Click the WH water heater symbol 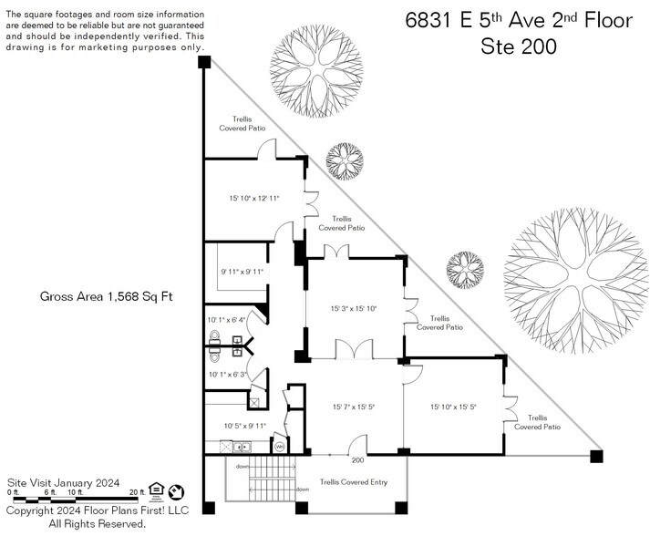pyautogui.click(x=280, y=447)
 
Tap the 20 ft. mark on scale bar pyautogui.click(x=138, y=492)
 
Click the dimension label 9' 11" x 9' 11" pyautogui.click(x=241, y=271)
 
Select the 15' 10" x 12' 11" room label pyautogui.click(x=253, y=197)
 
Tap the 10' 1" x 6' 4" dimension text pyautogui.click(x=227, y=320)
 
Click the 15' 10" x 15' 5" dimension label pyautogui.click(x=453, y=407)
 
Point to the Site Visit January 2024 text pyautogui.click(x=63, y=482)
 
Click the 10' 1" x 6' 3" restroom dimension pyautogui.click(x=227, y=374)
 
